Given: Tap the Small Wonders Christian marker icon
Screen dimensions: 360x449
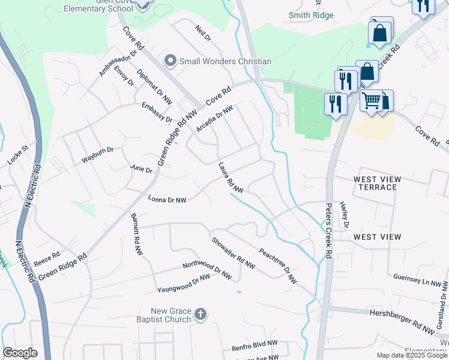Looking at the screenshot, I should click(170, 61).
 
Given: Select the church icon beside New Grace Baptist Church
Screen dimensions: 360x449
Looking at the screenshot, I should click(201, 314).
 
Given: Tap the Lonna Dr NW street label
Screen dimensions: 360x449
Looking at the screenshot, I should click(167, 199).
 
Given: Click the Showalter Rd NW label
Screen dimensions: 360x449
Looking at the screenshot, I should click(233, 253).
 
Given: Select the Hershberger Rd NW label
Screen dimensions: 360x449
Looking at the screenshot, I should click(402, 321).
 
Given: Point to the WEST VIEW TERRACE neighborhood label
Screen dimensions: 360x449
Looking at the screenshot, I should click(375, 183).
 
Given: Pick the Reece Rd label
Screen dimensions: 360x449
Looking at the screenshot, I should click(46, 259).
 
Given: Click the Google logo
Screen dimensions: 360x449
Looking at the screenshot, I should click(20, 353).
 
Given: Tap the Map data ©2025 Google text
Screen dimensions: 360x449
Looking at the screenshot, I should click(411, 355).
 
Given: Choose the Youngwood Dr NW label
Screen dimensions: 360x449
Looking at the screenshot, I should click(184, 284).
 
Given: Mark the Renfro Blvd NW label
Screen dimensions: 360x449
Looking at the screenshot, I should click(255, 346).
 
